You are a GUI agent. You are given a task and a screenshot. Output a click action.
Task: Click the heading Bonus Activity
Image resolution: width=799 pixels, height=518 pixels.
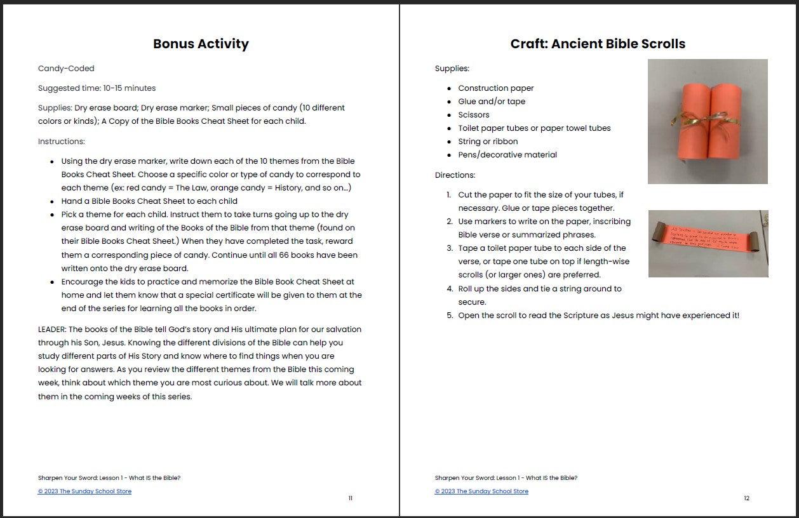[201, 44]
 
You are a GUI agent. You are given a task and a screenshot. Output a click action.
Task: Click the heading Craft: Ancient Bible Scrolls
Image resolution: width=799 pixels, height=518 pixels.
[598, 44]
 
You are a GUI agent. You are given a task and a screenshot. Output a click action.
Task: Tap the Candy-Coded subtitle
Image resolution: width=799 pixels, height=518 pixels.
[66, 69]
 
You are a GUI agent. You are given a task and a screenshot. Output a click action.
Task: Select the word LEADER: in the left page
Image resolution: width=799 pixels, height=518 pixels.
[52, 329]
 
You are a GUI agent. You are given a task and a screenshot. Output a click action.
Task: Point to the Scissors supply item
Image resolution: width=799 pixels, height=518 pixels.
[473, 115]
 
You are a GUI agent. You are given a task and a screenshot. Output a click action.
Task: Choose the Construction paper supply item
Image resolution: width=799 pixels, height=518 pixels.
[495, 88]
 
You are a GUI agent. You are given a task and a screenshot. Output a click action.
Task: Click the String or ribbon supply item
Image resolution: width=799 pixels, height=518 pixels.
[487, 142]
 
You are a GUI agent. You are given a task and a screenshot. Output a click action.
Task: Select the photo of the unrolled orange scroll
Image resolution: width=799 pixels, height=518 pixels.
[708, 244]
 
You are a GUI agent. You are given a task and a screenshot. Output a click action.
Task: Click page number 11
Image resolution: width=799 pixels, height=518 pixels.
[350, 498]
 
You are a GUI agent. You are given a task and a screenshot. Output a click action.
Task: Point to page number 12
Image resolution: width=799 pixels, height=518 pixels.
[746, 498]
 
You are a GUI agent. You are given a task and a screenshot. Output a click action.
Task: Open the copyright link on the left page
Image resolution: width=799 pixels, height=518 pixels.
[84, 491]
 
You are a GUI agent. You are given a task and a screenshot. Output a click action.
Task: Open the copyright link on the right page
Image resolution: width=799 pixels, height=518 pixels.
[481, 491]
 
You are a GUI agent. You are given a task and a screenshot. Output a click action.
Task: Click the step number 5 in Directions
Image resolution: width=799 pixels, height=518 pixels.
[449, 315]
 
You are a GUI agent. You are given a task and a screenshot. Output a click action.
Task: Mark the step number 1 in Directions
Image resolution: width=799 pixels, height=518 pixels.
[449, 195]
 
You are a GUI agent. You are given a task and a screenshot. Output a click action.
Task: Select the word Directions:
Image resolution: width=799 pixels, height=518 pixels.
[455, 175]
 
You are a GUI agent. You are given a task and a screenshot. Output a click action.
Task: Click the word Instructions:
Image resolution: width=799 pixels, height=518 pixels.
[61, 142]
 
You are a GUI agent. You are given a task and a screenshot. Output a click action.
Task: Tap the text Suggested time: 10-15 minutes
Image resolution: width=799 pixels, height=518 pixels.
[97, 88]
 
